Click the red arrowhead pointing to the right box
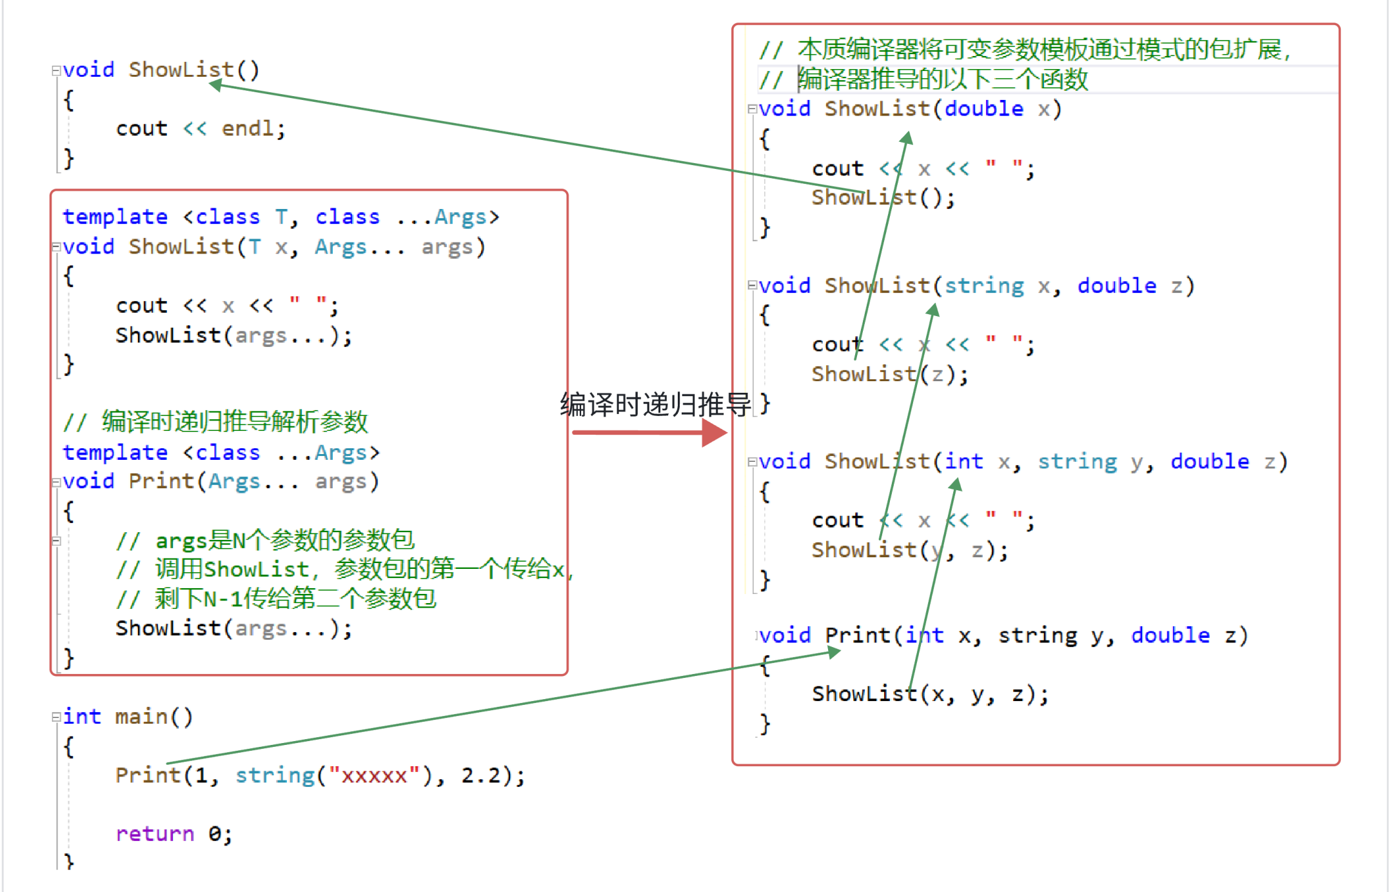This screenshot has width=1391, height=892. (715, 432)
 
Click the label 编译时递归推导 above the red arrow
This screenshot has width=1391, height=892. (655, 405)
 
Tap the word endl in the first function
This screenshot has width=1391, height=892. (247, 128)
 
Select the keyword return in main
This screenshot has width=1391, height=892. (155, 834)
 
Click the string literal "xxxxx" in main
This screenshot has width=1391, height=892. (374, 775)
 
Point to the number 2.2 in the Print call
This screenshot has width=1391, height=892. (480, 775)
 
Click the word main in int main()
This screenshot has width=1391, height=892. (141, 717)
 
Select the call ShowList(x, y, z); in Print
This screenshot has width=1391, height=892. (929, 694)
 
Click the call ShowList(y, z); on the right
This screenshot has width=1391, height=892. (909, 550)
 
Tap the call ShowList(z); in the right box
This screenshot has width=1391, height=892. (889, 374)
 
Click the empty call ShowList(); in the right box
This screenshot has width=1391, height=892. (882, 197)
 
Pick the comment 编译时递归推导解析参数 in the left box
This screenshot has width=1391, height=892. (235, 422)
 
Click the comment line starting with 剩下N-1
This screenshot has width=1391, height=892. (294, 599)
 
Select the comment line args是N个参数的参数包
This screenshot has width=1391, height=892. (284, 540)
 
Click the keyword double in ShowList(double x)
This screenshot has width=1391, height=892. (983, 108)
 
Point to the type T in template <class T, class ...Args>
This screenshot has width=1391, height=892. (281, 217)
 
